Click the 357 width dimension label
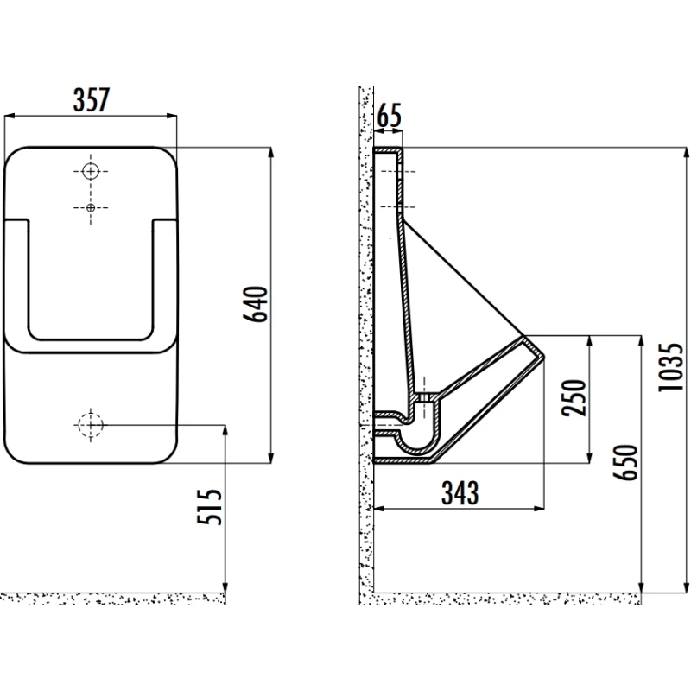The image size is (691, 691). (92, 100)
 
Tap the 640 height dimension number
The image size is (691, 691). (256, 304)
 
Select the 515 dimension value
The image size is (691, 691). (209, 506)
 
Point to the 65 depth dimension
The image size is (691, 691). (390, 116)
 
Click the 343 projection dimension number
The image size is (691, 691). (460, 492)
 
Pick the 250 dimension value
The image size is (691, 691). (574, 398)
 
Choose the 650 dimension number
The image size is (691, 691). (625, 462)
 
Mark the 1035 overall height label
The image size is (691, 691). (670, 367)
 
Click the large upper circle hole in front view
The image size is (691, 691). (91, 171)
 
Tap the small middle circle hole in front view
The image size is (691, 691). (91, 207)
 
